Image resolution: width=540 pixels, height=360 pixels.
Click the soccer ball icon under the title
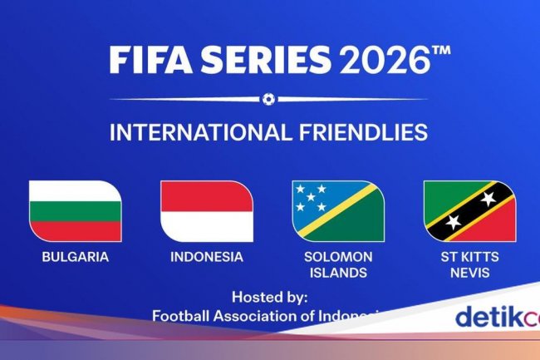(x=268, y=99)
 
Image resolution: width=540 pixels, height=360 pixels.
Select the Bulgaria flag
(x=75, y=210)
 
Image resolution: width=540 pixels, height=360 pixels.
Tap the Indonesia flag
(x=207, y=210)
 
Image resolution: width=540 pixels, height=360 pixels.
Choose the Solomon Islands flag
(x=337, y=210)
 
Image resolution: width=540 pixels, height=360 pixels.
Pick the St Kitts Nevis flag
(x=469, y=210)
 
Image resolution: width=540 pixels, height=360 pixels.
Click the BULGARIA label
(x=75, y=257)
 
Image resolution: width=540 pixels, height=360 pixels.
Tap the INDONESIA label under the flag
(x=207, y=257)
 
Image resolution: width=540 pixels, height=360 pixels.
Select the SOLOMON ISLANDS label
(x=337, y=264)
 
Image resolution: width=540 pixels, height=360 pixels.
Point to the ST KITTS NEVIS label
(x=469, y=264)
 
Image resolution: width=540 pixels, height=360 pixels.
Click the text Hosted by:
(x=269, y=296)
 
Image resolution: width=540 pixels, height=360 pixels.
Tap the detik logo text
(x=491, y=317)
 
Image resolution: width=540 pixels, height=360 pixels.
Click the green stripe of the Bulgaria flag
(x=75, y=210)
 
